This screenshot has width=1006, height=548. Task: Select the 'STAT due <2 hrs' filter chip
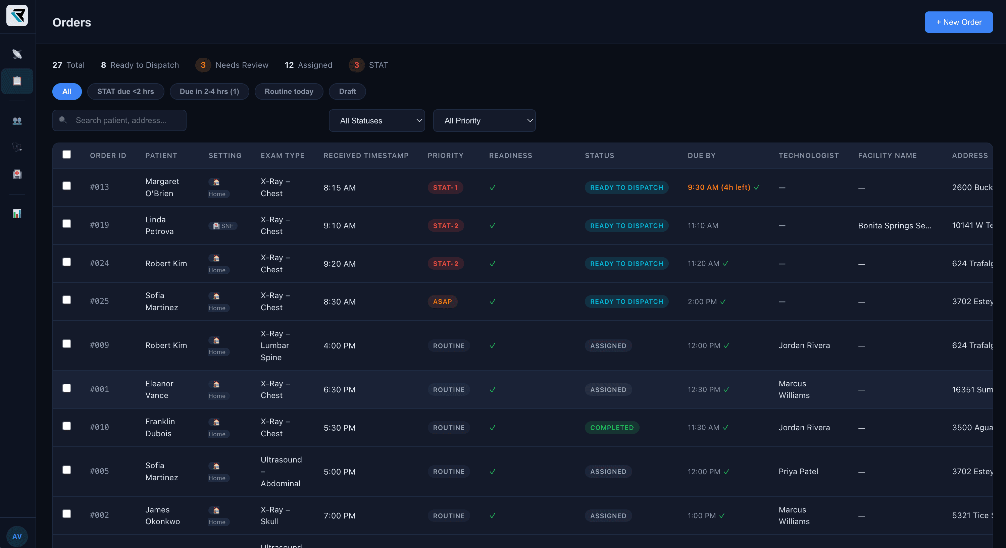pos(125,91)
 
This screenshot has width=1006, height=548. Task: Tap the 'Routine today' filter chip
pos(289,91)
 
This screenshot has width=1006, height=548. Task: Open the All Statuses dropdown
pos(376,121)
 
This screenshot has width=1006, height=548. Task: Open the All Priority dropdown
pos(484,121)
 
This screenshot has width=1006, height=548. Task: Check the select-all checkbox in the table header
pos(67,155)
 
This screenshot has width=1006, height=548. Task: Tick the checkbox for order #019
pos(67,224)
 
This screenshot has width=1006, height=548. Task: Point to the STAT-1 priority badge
pos(445,187)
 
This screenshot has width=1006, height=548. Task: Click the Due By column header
pos(701,155)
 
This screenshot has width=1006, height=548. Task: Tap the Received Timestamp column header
pos(365,155)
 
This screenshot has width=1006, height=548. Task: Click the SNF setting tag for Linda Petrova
pos(223,226)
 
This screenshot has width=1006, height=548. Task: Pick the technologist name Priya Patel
pos(798,472)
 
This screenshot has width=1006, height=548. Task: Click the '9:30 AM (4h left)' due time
pos(718,187)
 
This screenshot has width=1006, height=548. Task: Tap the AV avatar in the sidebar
pos(17,536)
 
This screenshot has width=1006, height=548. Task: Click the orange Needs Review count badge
pos(203,65)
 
